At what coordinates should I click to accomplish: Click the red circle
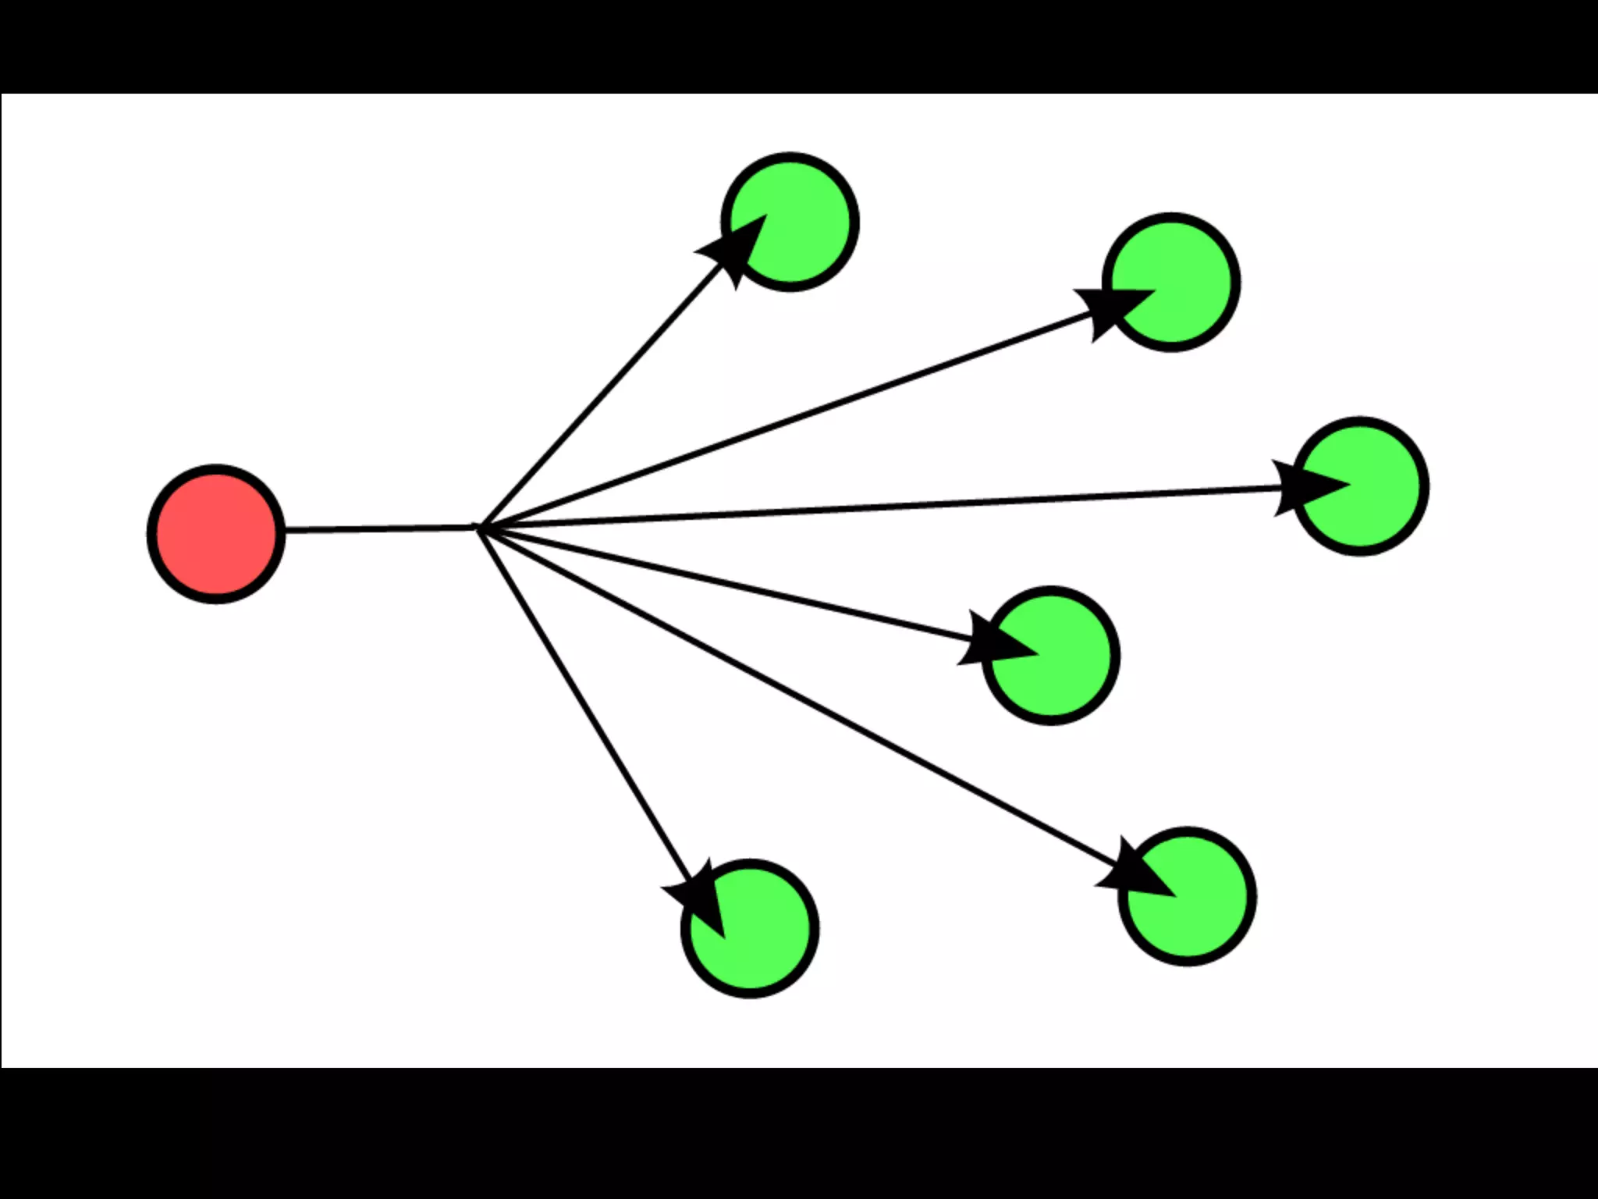(x=216, y=534)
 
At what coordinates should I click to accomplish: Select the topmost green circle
(x=790, y=222)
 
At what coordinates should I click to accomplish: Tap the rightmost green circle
(x=1360, y=486)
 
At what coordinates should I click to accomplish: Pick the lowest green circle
(x=750, y=928)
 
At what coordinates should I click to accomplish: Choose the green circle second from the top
(x=1171, y=282)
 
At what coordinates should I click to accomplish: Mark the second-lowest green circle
(x=1187, y=896)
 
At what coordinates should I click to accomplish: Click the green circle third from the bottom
(x=1051, y=655)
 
